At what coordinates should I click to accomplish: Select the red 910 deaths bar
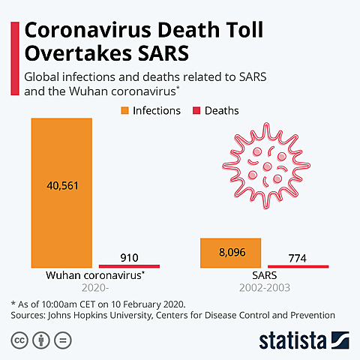129,265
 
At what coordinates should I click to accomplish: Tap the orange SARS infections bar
230,253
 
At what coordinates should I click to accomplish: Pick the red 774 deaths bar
298,266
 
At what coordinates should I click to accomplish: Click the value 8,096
230,253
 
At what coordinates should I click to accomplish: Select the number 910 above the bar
129,257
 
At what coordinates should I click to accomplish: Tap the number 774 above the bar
298,258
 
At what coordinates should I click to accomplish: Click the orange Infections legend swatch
125,111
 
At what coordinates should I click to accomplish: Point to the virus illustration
263,167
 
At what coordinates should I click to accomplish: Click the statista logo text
295,339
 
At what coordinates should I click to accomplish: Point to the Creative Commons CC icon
19,340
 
